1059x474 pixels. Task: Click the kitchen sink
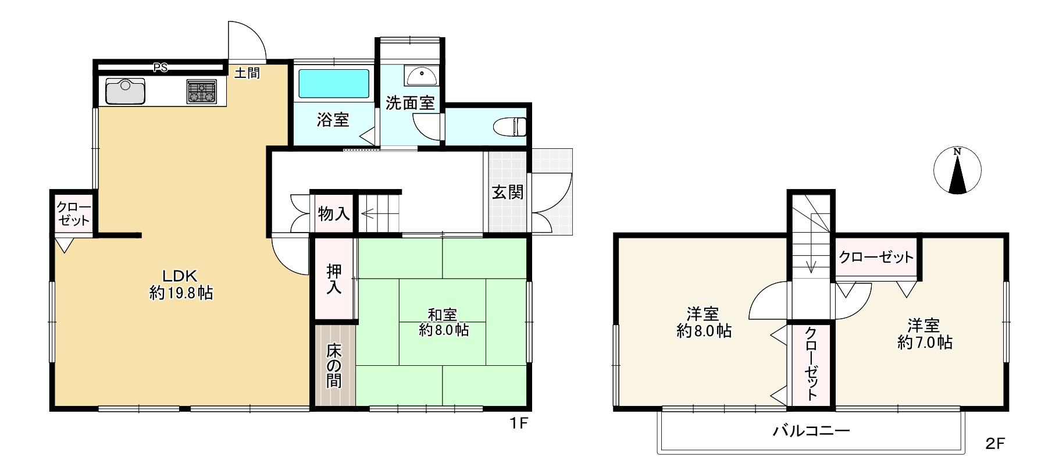[125, 91]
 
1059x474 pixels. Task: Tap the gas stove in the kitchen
[201, 91]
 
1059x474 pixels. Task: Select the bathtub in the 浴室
[333, 84]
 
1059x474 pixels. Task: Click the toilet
[510, 126]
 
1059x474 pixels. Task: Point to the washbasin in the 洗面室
[422, 76]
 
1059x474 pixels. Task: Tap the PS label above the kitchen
[160, 67]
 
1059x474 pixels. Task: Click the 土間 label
[247, 73]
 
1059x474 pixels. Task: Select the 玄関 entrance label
[508, 192]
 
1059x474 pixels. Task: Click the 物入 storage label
[334, 213]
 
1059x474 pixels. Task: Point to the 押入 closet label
[334, 279]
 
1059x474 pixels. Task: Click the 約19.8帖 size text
[181, 293]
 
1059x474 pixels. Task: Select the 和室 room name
[442, 315]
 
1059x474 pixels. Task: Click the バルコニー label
[811, 431]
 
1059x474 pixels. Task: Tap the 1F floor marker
[518, 423]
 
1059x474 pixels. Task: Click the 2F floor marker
[995, 444]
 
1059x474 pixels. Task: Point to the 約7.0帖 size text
[925, 343]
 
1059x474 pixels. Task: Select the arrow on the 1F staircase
[368, 214]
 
